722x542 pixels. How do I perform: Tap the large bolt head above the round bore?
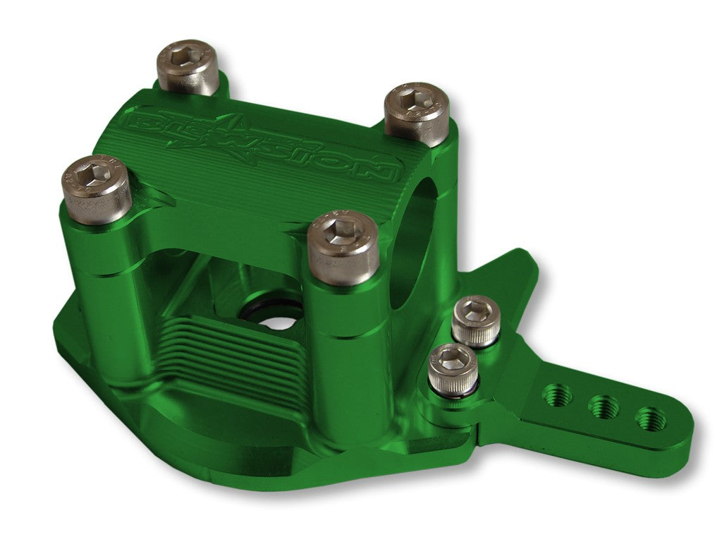[x=416, y=109]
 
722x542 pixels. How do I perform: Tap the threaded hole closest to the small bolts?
[x=558, y=395]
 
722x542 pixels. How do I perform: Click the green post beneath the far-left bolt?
[x=106, y=296]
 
